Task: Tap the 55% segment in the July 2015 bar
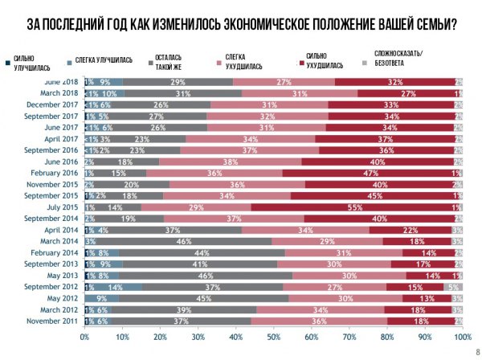coord(350,207)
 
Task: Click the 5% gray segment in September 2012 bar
coord(453,286)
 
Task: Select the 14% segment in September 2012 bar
coord(116,286)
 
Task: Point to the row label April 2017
coord(62,138)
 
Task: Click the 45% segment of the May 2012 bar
coord(197,297)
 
